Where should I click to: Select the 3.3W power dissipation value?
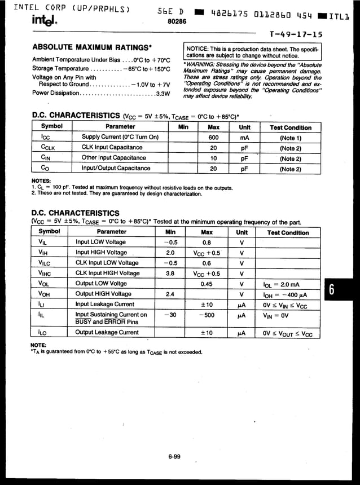(163, 94)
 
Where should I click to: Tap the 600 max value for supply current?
(213, 138)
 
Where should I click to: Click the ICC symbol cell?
(47, 138)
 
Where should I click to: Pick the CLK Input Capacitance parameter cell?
(112, 148)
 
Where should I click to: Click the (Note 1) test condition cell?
(291, 138)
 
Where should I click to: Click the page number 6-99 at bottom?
(174, 457)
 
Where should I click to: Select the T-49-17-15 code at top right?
(297, 34)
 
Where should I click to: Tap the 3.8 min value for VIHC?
(170, 274)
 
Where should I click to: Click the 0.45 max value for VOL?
(207, 284)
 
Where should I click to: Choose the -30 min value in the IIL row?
(170, 315)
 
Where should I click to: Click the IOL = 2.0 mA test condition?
(282, 284)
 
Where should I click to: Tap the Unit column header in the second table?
(242, 232)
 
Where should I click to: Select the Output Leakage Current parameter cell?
(107, 333)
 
